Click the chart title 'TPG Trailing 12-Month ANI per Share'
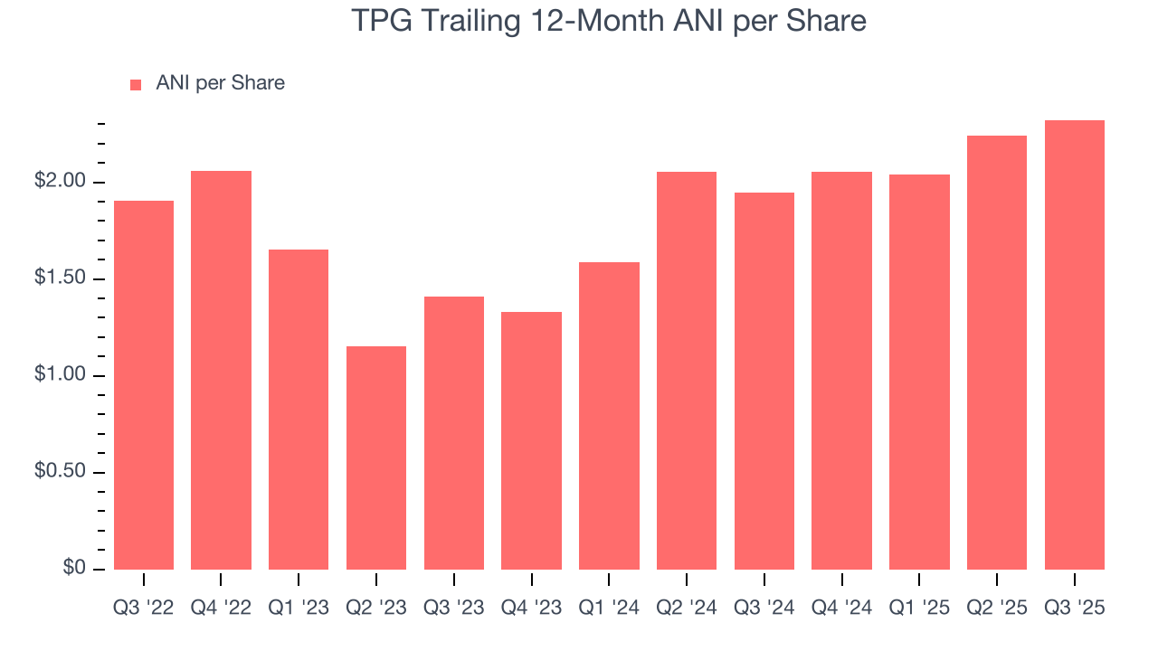[x=609, y=21]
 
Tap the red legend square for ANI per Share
[x=136, y=84]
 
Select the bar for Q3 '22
[x=144, y=384]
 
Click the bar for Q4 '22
[x=221, y=370]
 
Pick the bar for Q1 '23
[x=299, y=409]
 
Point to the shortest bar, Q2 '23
[x=376, y=458]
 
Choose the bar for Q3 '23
[x=454, y=432]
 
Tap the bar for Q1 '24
[x=609, y=415]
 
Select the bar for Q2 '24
[x=687, y=370]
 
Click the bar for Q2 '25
[x=997, y=352]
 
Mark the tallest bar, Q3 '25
[x=1075, y=344]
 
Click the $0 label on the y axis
[x=75, y=569]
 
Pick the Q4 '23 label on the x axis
[x=531, y=608]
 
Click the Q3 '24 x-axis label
[x=764, y=608]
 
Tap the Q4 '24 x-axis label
[x=841, y=608]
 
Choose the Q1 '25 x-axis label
[x=919, y=608]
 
